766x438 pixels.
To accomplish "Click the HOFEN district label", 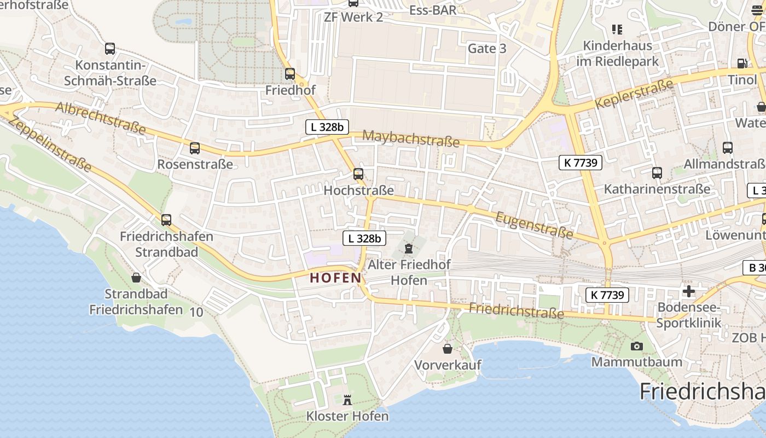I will [335, 278].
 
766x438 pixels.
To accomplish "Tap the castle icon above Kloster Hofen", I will [347, 400].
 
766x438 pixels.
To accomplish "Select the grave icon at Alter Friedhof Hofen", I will [408, 249].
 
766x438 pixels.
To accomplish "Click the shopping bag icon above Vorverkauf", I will [448, 349].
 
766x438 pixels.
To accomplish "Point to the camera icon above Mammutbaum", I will [636, 346].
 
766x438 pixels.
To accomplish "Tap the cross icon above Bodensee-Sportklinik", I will [688, 291].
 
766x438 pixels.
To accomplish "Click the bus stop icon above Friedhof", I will [290, 73].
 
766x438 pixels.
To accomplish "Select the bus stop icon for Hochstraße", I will [358, 174].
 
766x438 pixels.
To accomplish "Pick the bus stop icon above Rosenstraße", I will [194, 148].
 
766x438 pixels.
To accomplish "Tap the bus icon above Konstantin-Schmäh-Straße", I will [110, 49].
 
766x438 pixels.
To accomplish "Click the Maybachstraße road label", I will [411, 139].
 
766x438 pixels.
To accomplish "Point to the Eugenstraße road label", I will [534, 226].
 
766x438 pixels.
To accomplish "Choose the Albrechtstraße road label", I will [101, 118].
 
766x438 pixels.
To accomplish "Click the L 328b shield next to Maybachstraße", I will [327, 127].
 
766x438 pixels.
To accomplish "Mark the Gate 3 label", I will [487, 48].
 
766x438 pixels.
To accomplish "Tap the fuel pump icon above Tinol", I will [741, 64].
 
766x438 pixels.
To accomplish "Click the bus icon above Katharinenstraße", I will [657, 173].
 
